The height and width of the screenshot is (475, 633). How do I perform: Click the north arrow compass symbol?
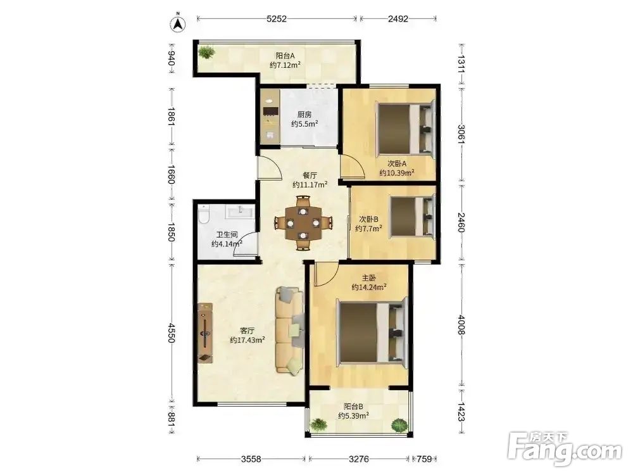pyautogui.click(x=178, y=24)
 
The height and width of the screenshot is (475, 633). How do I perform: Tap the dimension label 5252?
pyautogui.click(x=277, y=18)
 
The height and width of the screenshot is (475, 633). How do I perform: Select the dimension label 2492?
pyautogui.click(x=398, y=18)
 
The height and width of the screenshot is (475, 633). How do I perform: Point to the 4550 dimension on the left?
pyautogui.click(x=171, y=333)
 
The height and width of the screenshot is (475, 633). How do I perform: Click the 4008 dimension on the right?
pyautogui.click(x=461, y=325)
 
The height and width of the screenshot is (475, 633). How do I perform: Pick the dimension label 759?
pyautogui.click(x=424, y=459)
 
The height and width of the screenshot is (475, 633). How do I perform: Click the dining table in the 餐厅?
pyautogui.click(x=303, y=222)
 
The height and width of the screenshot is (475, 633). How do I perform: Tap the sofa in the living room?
pyautogui.click(x=290, y=331)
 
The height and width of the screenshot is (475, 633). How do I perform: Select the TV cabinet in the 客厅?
pyautogui.click(x=205, y=333)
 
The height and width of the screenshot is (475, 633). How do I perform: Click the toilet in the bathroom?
pyautogui.click(x=203, y=213)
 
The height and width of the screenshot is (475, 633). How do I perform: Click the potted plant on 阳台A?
pyautogui.click(x=206, y=53)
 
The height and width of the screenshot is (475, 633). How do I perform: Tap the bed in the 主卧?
pyautogui.click(x=371, y=332)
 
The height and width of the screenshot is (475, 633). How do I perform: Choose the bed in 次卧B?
pyautogui.click(x=412, y=216)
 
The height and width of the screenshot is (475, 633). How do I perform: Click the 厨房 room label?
pyautogui.click(x=304, y=115)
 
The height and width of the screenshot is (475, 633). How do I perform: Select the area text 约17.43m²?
pyautogui.click(x=248, y=340)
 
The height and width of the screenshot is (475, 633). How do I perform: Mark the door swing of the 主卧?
pyautogui.click(x=326, y=275)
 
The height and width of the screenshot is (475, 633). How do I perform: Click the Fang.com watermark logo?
pyautogui.click(x=565, y=449)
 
